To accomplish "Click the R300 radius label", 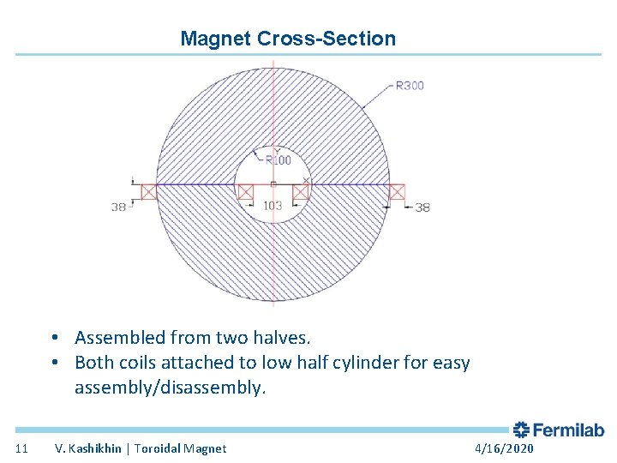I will coord(409,86).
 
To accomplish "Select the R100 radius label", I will coord(278,160).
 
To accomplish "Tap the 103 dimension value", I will coord(273,206).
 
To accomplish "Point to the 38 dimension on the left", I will coord(118,207).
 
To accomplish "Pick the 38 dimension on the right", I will coord(422,207).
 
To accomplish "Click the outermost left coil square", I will coord(150,192).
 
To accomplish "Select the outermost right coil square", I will coord(396,192).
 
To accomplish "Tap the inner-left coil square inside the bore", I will coord(246,192).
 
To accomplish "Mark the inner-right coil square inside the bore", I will coord(300,192).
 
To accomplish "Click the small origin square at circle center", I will coord(273,184).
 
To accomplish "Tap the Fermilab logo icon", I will coord(521,430).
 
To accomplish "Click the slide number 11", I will coord(22,448).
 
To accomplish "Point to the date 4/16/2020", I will coord(504,448).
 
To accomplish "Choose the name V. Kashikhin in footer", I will coord(89,448).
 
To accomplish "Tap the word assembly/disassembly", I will coord(171,388).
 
